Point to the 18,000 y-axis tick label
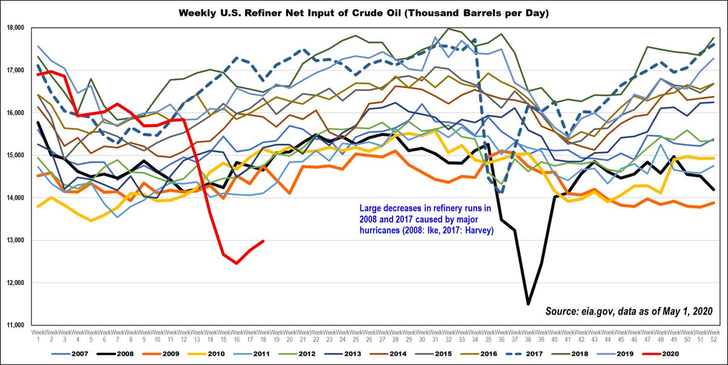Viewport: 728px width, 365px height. (14, 28)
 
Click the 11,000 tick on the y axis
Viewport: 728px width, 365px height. (14, 326)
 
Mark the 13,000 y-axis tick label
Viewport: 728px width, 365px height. (14, 240)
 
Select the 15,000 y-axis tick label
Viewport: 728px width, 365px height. (14, 155)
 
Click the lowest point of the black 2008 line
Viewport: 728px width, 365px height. (528, 304)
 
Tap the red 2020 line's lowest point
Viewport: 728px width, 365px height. (236, 263)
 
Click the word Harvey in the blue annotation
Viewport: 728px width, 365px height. (476, 231)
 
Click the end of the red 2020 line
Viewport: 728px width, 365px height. (262, 241)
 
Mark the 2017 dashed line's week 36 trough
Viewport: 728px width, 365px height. (501, 192)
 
